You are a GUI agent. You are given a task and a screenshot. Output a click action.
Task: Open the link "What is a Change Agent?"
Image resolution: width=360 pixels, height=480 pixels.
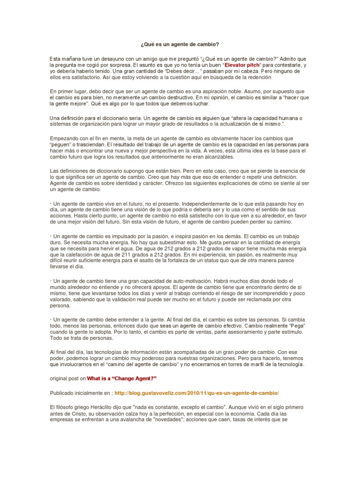(x=121, y=378)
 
